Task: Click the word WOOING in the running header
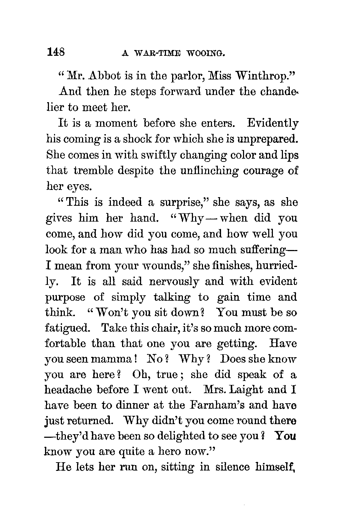[206, 54]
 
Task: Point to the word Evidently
[273, 123]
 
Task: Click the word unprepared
[267, 139]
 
